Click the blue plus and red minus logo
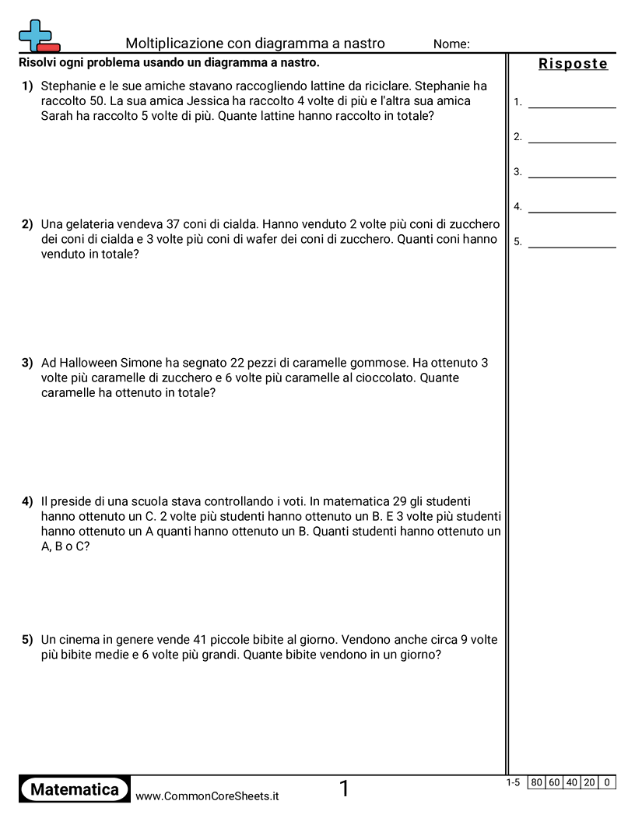[x=38, y=37]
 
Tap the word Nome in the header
[x=451, y=44]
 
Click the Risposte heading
[x=573, y=65]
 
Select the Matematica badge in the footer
[x=75, y=789]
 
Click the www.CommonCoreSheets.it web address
[x=207, y=796]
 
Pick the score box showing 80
[x=537, y=782]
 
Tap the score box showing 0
[x=607, y=782]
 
